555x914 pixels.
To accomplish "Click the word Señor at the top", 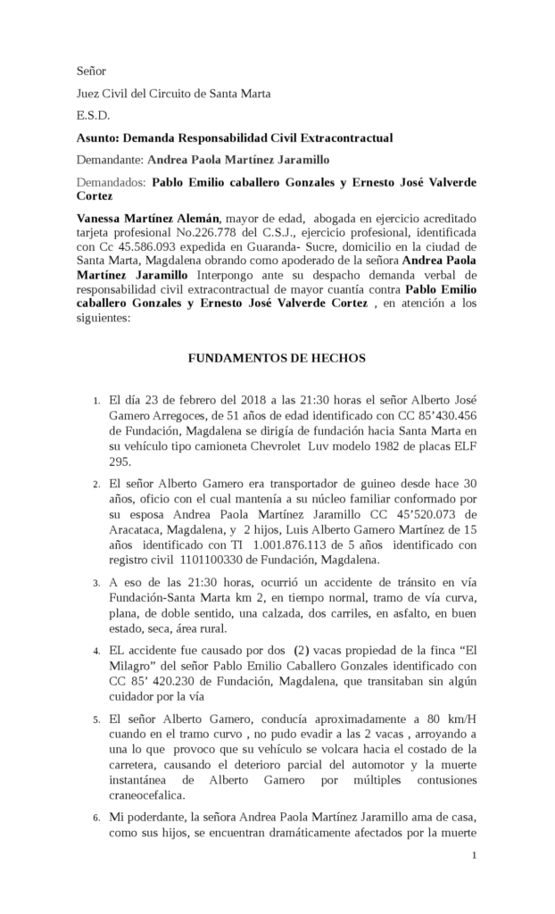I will [x=91, y=71].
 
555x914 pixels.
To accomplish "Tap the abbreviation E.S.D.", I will [x=93, y=115].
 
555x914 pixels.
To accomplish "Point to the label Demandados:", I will [x=111, y=183].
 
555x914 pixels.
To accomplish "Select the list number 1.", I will [x=96, y=401].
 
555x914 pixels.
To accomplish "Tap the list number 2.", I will [x=96, y=485].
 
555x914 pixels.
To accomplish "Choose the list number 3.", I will [x=96, y=583].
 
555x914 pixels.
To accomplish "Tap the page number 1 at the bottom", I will [x=475, y=856].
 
